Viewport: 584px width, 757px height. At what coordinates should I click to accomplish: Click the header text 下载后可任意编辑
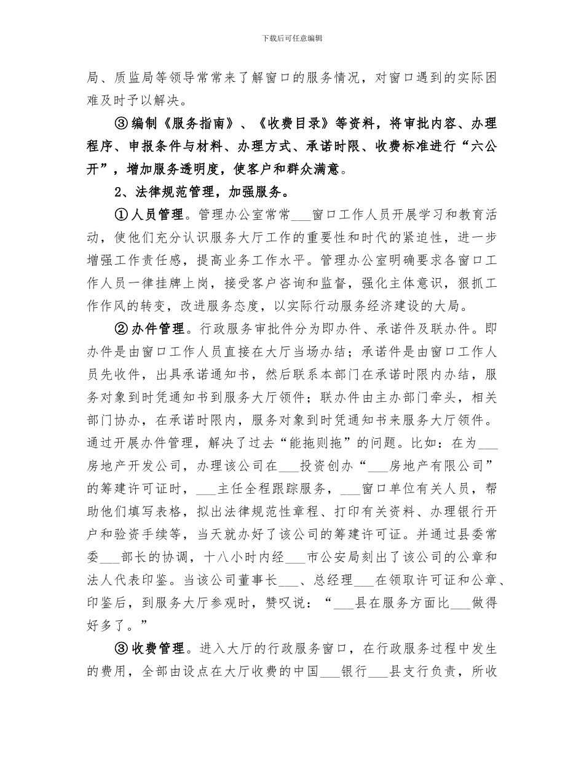pos(292,38)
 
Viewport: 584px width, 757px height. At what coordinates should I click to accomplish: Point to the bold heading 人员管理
pos(156,215)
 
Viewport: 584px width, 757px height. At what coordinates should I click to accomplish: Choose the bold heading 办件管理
pos(156,329)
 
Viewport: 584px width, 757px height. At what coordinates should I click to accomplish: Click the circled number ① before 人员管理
pos(121,215)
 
